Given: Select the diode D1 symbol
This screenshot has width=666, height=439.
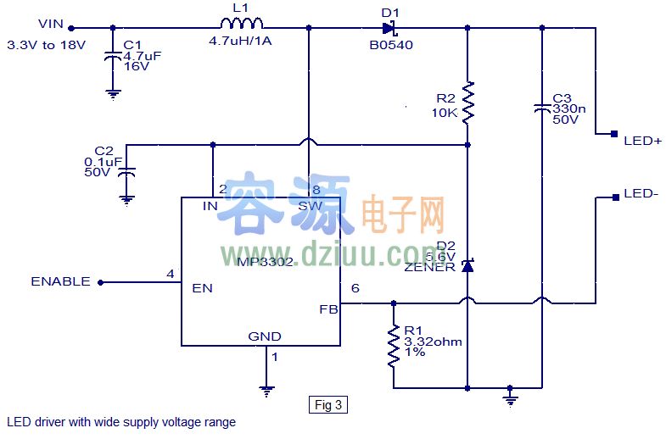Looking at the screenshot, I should coord(389,27).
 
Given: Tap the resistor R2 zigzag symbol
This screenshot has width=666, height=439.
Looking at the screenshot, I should coord(467,102).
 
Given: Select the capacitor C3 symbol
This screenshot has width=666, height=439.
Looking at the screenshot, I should coord(541,108).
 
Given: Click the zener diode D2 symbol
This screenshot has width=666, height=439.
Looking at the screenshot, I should coord(467,266).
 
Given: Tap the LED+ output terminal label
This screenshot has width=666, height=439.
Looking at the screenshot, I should coord(641,141).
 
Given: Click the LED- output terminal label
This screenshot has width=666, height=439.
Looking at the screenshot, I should coord(641,193).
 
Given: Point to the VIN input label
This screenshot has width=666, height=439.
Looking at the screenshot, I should coord(51,26).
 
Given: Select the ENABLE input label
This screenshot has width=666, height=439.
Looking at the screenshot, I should coord(60,281).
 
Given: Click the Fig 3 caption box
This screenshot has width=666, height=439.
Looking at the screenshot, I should coord(327,405).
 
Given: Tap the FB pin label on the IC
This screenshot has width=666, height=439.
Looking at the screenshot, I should coord(328,309).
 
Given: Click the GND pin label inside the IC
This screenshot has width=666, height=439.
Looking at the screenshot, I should coord(264,336).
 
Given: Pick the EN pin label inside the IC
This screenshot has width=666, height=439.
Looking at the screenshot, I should coord(202,288).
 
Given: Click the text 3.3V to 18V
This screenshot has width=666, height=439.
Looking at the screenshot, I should coord(46,44).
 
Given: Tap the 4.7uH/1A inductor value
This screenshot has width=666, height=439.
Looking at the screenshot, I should coord(240,40).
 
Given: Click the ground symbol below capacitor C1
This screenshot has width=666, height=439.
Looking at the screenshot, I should coord(112,94).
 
